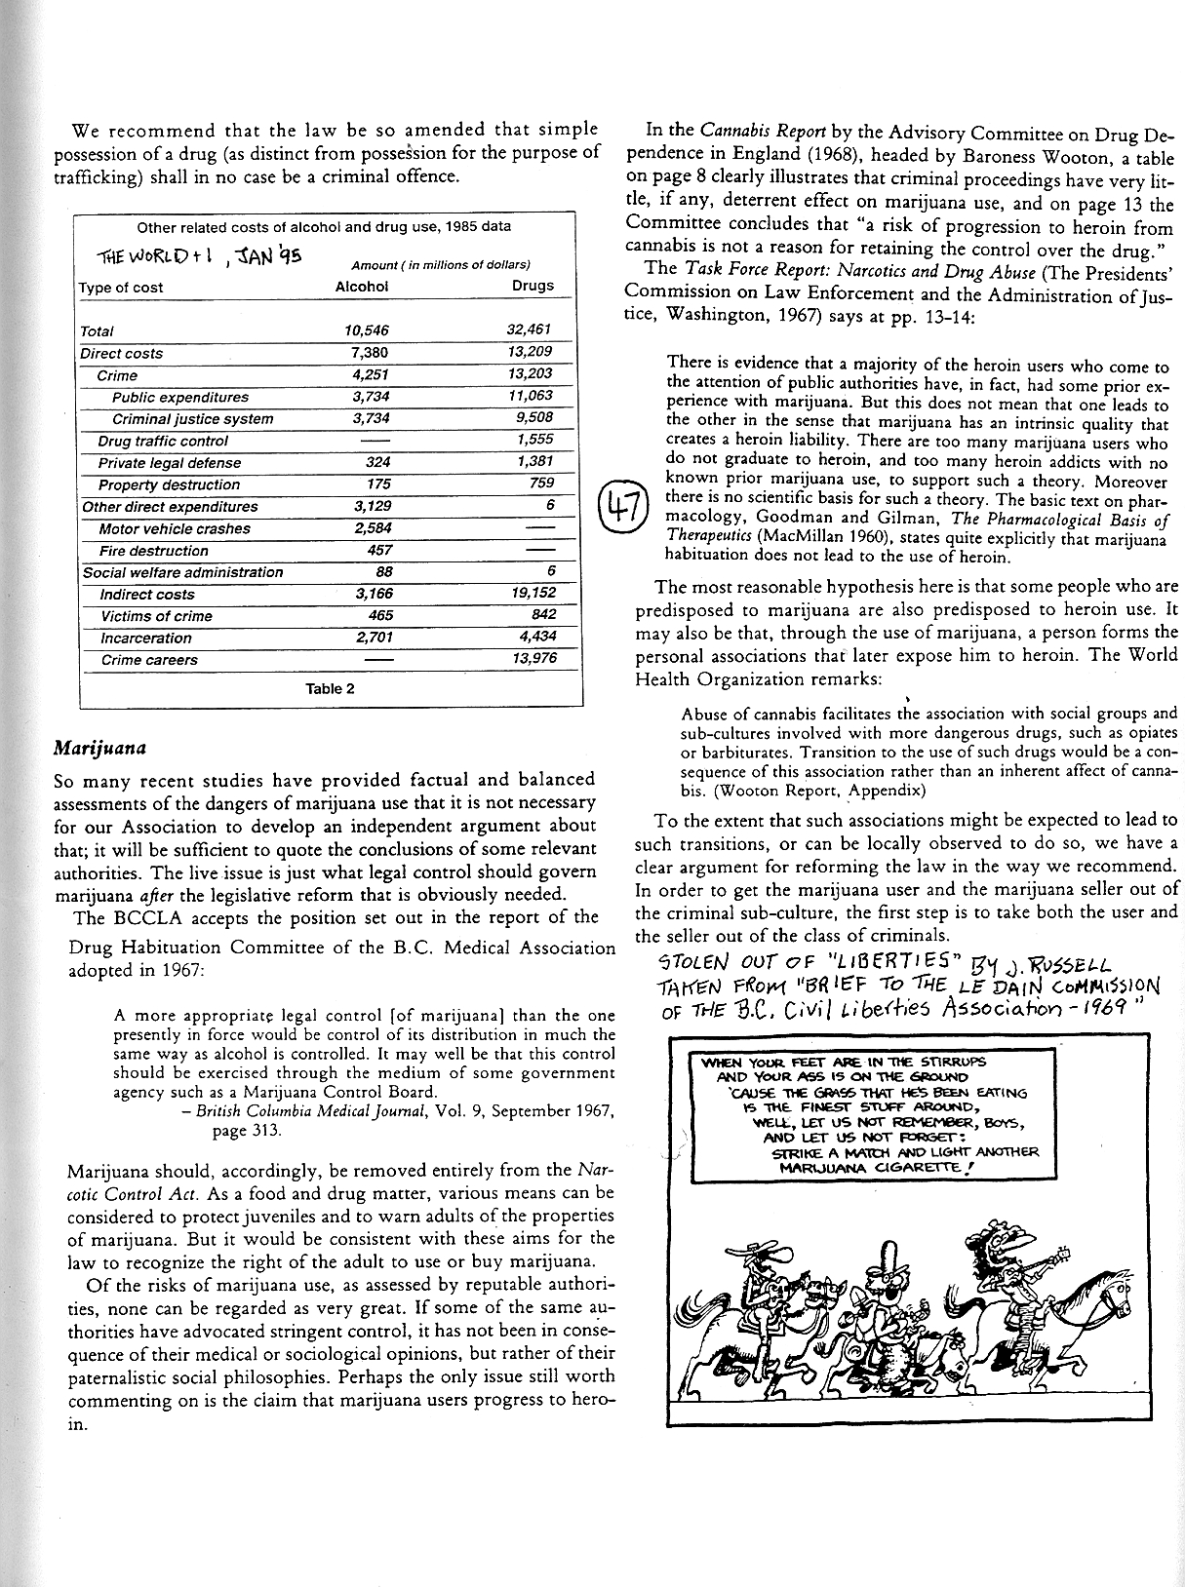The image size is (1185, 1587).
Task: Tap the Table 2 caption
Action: pyautogui.click(x=330, y=688)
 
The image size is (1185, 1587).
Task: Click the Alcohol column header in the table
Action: pyautogui.click(x=361, y=287)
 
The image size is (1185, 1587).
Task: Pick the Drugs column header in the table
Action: pyautogui.click(x=533, y=286)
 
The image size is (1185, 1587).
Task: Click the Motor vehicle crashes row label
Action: pyautogui.click(x=175, y=528)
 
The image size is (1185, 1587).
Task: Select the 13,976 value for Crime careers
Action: pyautogui.click(x=533, y=660)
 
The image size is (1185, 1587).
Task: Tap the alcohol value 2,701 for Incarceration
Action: pyautogui.click(x=370, y=639)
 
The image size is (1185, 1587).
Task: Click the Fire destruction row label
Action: pyautogui.click(x=154, y=551)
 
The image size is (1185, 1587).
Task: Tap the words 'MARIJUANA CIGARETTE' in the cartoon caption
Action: pyautogui.click(x=874, y=1167)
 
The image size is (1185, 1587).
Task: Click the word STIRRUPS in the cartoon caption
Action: pyautogui.click(x=937, y=1062)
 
